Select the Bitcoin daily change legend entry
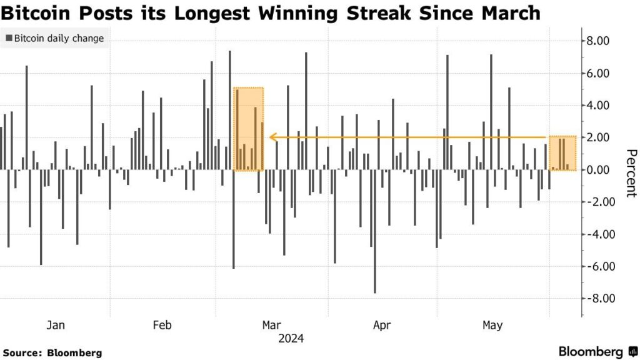54,39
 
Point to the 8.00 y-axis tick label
597,41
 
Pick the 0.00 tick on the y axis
597,170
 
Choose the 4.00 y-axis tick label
597,106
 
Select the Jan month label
56,325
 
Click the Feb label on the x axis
162,325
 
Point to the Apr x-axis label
381,325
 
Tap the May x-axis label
492,325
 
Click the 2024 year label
291,339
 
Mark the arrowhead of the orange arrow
273,137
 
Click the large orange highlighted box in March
249,129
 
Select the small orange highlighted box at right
562,153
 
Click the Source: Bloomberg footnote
52,353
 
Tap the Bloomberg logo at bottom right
597,351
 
